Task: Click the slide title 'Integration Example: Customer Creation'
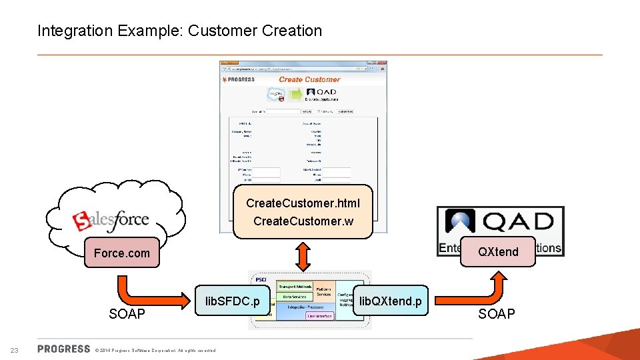coord(179,31)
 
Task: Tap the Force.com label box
coord(122,253)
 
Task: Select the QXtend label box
coord(497,251)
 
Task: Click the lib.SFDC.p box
coord(232,301)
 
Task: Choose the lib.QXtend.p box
coord(390,301)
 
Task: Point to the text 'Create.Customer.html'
coord(303,203)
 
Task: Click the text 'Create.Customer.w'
coord(303,221)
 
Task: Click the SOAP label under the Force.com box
coord(127,314)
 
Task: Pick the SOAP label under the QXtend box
coord(497,314)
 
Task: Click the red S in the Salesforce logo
coord(81,221)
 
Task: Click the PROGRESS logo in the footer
coord(64,349)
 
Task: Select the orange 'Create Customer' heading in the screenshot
coord(309,79)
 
